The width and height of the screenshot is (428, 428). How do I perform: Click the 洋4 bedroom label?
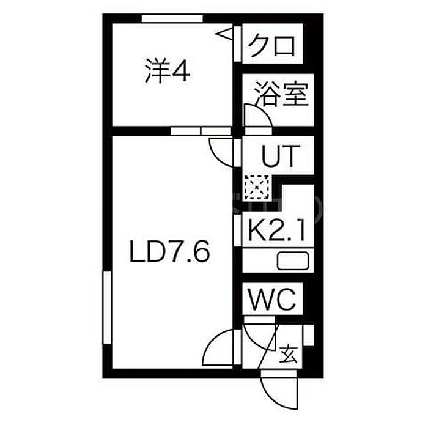pyautogui.click(x=168, y=71)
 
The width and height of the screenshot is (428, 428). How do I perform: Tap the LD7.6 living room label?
pyautogui.click(x=170, y=251)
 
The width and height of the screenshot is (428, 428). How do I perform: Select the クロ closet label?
pyautogui.click(x=272, y=46)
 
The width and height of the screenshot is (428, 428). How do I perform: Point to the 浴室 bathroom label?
pyautogui.click(x=281, y=94)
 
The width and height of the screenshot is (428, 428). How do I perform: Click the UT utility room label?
pyautogui.click(x=281, y=155)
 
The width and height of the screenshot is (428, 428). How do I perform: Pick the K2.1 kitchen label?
pyautogui.click(x=277, y=230)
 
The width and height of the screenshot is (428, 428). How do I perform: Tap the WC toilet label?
pyautogui.click(x=272, y=299)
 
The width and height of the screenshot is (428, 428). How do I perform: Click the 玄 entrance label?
pyautogui.click(x=289, y=354)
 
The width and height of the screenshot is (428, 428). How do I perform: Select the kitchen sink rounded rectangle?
pyautogui.click(x=293, y=261)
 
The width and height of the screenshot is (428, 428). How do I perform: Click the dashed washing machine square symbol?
pyautogui.click(x=257, y=187)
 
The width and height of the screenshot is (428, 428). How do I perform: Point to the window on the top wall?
pyautogui.click(x=172, y=18)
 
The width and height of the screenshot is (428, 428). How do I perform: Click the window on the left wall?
pyautogui.click(x=107, y=308)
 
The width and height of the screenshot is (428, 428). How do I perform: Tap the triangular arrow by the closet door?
pyautogui.click(x=224, y=34)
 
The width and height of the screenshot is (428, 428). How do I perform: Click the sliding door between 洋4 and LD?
pyautogui.click(x=201, y=131)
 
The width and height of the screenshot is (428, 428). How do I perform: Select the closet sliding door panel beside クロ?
pyautogui.click(x=237, y=44)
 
